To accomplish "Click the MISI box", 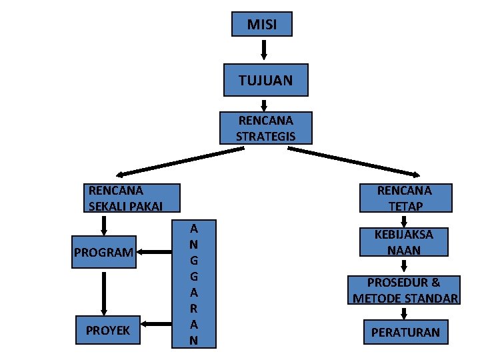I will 261,25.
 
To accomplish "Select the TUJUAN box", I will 265,80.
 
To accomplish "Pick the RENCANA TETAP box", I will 404,198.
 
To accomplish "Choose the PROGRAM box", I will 103,253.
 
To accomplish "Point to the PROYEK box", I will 107,331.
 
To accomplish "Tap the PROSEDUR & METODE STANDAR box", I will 404,290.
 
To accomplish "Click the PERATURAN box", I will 405,331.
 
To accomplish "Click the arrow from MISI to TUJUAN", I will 264,51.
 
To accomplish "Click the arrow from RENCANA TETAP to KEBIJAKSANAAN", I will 404,221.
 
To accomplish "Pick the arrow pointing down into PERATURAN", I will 404,313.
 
